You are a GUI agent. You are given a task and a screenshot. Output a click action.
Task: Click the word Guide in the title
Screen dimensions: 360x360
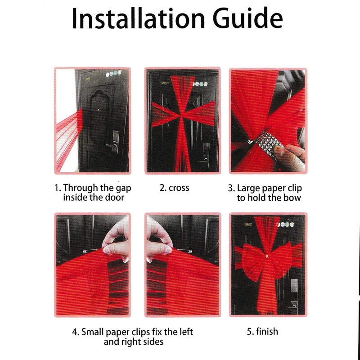pyautogui.click(x=245, y=18)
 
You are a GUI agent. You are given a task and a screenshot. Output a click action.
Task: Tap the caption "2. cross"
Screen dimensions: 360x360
pyautogui.click(x=174, y=188)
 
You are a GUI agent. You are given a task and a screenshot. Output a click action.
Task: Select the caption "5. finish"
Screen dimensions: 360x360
pyautogui.click(x=262, y=332)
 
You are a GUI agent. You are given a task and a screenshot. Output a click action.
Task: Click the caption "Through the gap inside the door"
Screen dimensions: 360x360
pyautogui.click(x=93, y=193)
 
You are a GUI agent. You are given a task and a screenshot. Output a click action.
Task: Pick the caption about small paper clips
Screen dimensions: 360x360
pyautogui.click(x=133, y=337)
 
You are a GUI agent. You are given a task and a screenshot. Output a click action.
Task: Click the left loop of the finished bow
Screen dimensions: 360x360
pyautogui.click(x=249, y=259)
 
